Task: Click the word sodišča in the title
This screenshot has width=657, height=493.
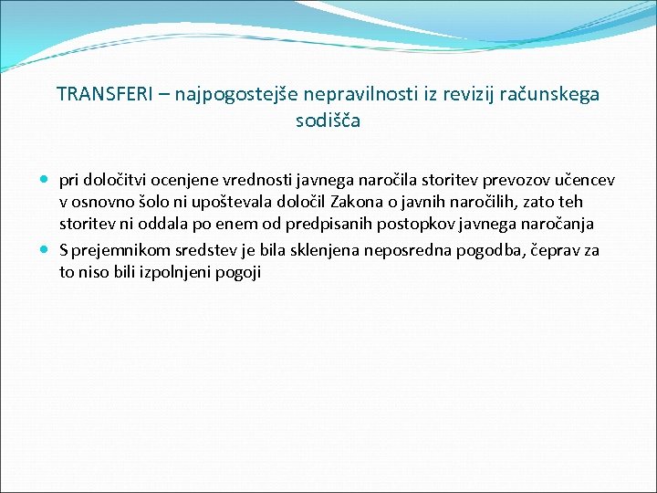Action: (328, 121)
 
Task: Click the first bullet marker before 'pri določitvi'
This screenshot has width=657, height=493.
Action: (46, 179)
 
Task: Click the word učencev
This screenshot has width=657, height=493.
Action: (581, 179)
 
